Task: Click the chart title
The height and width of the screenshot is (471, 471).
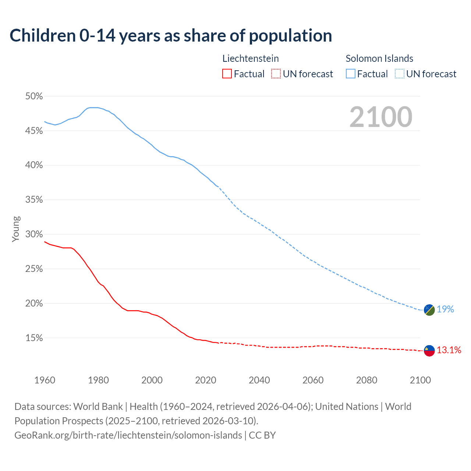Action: click(171, 36)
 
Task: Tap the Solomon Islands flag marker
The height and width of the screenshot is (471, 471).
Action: click(429, 310)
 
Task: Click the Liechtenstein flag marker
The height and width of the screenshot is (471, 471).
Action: click(429, 351)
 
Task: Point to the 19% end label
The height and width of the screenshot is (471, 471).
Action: click(445, 309)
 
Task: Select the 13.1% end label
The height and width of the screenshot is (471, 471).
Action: click(449, 350)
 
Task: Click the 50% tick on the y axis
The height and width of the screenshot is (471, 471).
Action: click(34, 96)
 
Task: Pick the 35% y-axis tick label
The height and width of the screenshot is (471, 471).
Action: click(34, 200)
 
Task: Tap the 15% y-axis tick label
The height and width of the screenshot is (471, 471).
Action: click(34, 338)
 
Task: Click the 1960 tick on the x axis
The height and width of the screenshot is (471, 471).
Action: click(45, 380)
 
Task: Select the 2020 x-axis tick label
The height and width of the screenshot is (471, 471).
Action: click(206, 380)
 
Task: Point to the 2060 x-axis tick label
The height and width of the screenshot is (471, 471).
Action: click(313, 380)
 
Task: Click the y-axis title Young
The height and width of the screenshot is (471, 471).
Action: click(16, 229)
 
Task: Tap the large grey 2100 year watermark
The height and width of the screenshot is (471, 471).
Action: click(381, 117)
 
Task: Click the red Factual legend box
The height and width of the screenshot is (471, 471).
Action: click(227, 74)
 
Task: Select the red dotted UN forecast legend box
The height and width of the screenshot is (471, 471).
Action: click(276, 74)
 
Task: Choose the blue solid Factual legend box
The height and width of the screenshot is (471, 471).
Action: click(351, 74)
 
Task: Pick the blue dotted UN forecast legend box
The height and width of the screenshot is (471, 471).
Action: click(399, 74)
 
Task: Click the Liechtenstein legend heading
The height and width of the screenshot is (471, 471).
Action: click(251, 59)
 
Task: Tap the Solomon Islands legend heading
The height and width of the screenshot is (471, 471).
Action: click(379, 59)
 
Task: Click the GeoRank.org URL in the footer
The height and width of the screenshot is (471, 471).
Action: click(128, 435)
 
